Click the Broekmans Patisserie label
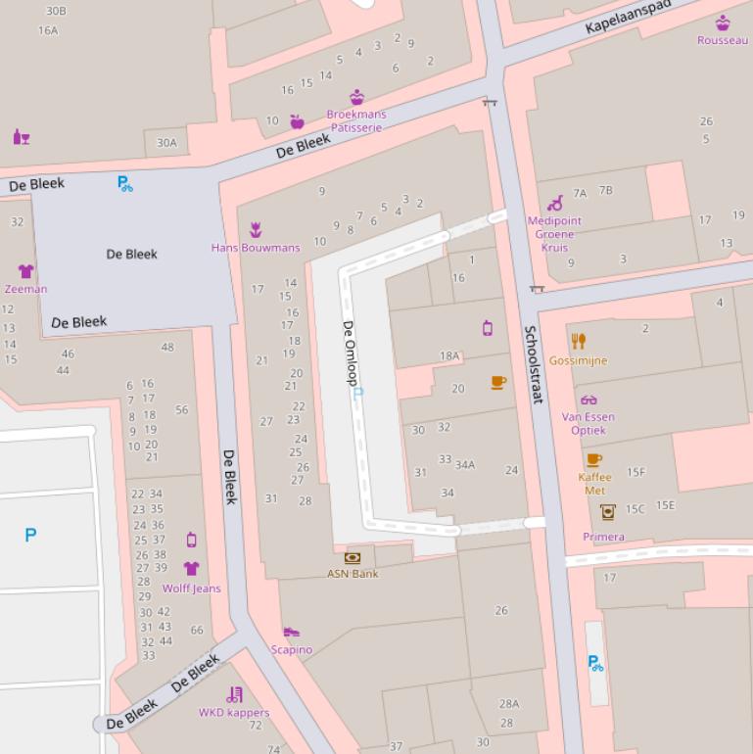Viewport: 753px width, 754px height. pyautogui.click(x=356, y=120)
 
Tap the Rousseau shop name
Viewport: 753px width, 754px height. pyautogui.click(x=722, y=40)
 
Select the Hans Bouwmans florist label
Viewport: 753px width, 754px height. pyautogui.click(x=256, y=248)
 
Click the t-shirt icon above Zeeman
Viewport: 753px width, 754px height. pyautogui.click(x=25, y=271)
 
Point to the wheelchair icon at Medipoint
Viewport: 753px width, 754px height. pyautogui.click(x=555, y=203)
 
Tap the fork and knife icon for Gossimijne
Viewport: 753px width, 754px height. pyautogui.click(x=579, y=341)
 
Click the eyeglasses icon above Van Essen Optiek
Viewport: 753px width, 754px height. pyautogui.click(x=588, y=400)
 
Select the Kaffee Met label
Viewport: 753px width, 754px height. pyautogui.click(x=594, y=484)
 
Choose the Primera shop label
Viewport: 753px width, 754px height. pyautogui.click(x=603, y=537)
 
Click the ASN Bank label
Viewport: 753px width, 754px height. pyautogui.click(x=353, y=574)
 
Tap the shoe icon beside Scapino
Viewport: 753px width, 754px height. pyautogui.click(x=291, y=633)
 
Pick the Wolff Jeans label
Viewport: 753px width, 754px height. pyautogui.click(x=191, y=589)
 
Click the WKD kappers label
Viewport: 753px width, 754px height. pyautogui.click(x=234, y=712)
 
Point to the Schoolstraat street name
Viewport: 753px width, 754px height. pyautogui.click(x=534, y=364)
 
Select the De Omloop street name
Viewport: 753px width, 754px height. pyautogui.click(x=350, y=353)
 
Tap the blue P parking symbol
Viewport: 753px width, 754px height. pyautogui.click(x=30, y=535)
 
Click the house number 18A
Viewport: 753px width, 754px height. pyautogui.click(x=449, y=356)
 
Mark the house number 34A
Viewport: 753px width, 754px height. pyautogui.click(x=465, y=464)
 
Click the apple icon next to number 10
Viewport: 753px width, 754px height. pyautogui.click(x=297, y=121)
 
